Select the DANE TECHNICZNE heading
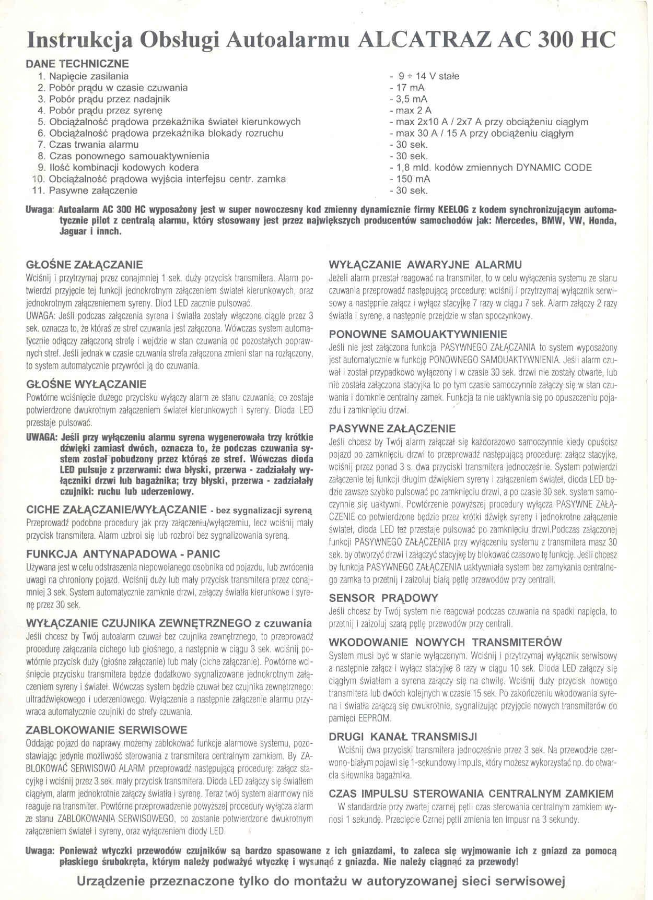(77, 64)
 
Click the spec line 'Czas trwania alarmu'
(94, 145)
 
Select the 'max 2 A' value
(411, 111)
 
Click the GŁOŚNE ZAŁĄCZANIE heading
(84, 265)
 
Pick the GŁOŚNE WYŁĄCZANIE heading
(86, 384)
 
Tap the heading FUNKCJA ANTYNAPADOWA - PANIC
(123, 554)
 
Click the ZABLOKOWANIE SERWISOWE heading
(106, 730)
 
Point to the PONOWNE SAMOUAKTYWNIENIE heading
(418, 334)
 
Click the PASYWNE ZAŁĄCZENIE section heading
(392, 429)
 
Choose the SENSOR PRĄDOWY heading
(383, 598)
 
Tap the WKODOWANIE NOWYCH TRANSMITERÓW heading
(445, 642)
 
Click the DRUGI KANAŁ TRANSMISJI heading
(403, 737)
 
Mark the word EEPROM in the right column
(375, 718)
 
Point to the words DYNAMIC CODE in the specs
(554, 168)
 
